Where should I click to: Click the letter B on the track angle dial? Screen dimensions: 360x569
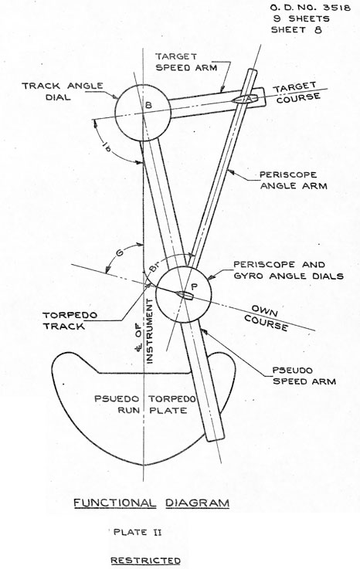pyautogui.click(x=148, y=105)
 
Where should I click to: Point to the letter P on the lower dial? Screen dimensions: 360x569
pyautogui.click(x=195, y=286)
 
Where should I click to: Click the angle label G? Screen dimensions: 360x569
pyautogui.click(x=118, y=253)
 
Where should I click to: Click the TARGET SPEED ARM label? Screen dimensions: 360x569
pyautogui.click(x=186, y=62)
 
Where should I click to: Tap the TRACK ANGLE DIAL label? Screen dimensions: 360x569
pyautogui.click(x=63, y=91)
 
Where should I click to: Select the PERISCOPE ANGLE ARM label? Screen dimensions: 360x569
pyautogui.click(x=293, y=181)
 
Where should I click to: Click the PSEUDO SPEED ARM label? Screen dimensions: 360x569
pyautogui.click(x=304, y=376)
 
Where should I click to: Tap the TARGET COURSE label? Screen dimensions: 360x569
pyautogui.click(x=297, y=93)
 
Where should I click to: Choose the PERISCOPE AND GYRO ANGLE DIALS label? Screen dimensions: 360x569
pyautogui.click(x=288, y=270)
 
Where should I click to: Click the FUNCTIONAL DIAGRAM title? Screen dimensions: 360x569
pyautogui.click(x=151, y=503)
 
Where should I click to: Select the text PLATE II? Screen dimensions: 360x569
pyautogui.click(x=138, y=533)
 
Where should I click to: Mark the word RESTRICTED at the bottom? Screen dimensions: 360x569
pyautogui.click(x=145, y=561)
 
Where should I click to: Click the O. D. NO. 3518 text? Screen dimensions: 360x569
pyautogui.click(x=311, y=7)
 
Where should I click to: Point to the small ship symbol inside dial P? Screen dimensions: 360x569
pyautogui.click(x=185, y=295)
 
